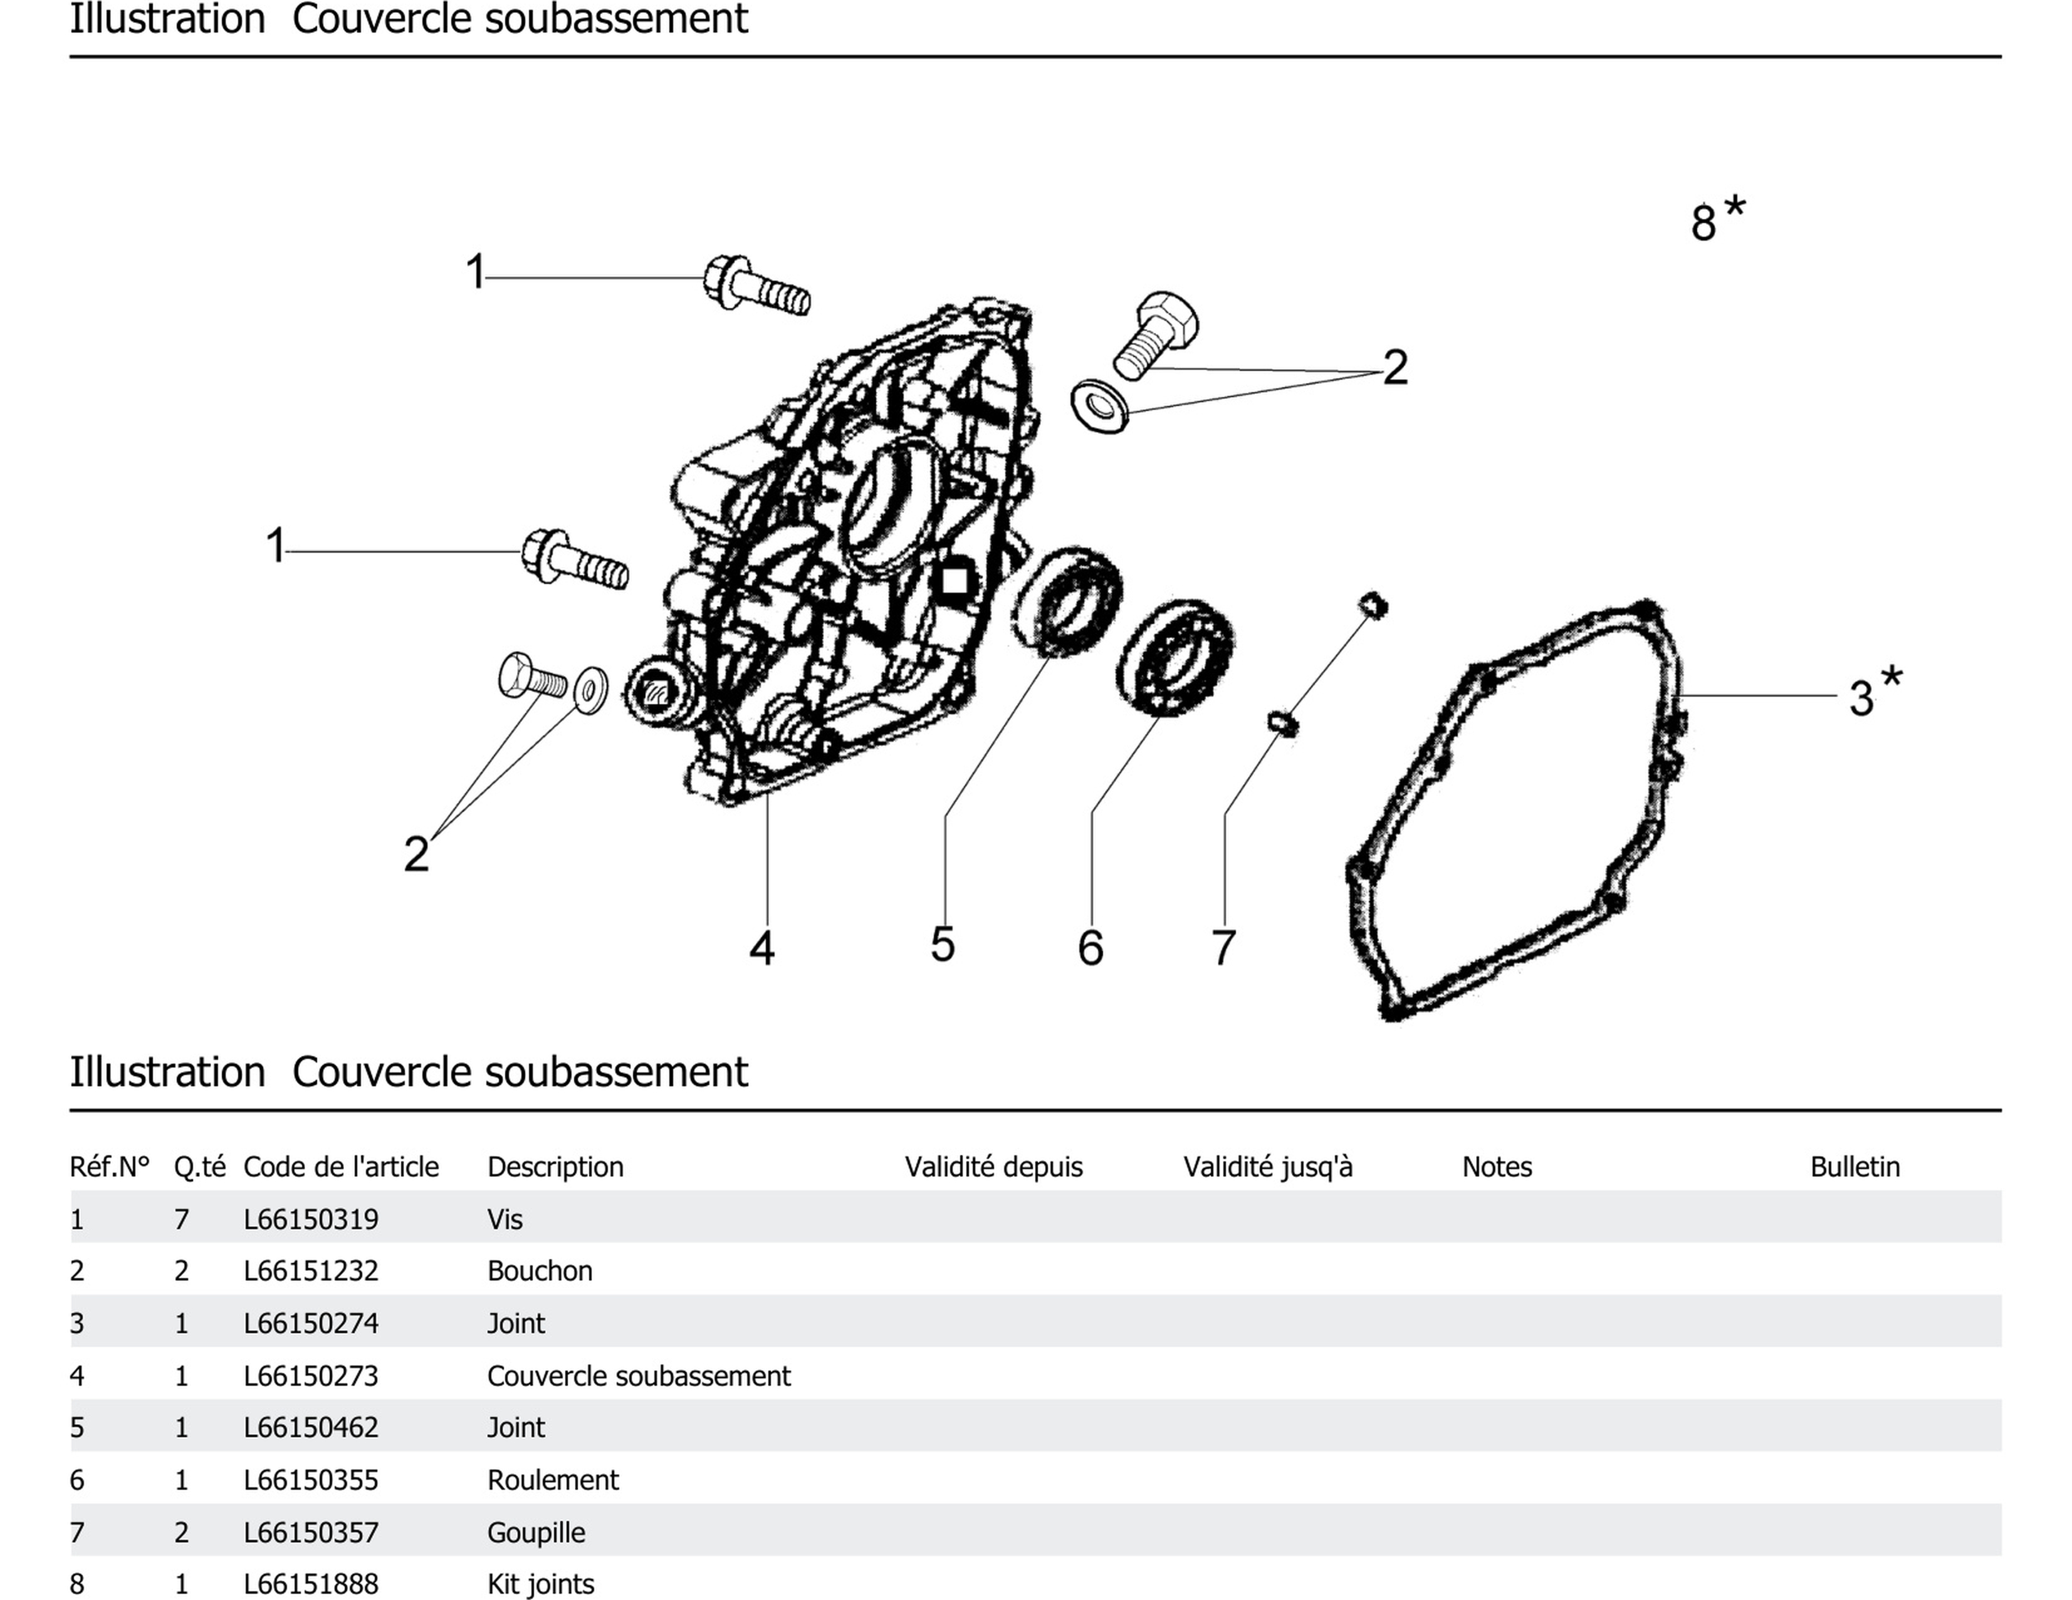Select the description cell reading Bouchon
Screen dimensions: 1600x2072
539,1271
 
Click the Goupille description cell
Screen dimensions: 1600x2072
536,1532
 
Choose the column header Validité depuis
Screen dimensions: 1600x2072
993,1166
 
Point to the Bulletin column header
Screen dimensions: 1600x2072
1855,1166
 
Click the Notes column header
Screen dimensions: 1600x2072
1496,1166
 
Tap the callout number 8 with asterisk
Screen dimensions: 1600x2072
1715,220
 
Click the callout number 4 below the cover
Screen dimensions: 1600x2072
762,947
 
